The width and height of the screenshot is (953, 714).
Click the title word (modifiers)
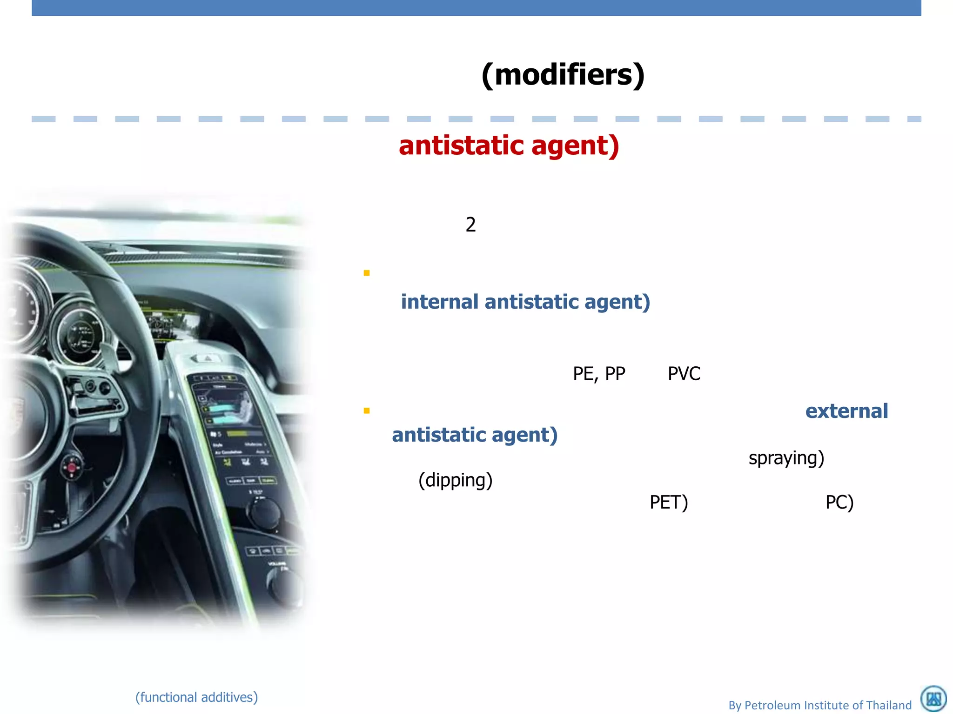point(563,74)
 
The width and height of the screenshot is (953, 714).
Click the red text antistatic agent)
point(509,145)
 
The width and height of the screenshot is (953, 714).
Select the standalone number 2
point(470,225)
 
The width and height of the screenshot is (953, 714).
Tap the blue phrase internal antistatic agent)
point(525,302)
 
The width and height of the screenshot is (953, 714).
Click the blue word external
point(846,411)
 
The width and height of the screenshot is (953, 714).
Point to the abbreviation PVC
point(684,374)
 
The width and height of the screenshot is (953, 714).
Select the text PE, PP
point(599,374)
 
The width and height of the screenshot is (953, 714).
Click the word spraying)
point(786,458)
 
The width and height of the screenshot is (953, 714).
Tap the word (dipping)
point(455,480)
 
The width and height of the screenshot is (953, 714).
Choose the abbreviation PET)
point(668,502)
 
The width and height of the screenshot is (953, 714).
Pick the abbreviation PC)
point(839,502)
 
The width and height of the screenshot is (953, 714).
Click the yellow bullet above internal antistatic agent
point(367,273)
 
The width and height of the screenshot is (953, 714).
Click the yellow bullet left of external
point(367,410)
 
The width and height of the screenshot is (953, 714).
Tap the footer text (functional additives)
point(196,697)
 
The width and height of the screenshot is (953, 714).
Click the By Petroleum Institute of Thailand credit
point(819,705)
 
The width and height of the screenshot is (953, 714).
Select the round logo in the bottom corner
point(933,698)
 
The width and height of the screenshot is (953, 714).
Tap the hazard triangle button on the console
point(208,358)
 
